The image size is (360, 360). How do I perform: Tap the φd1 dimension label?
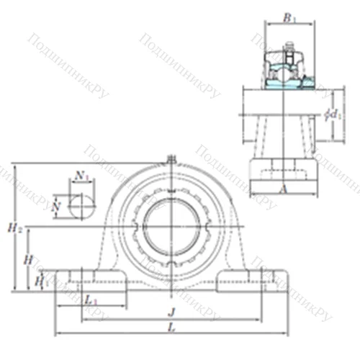333,114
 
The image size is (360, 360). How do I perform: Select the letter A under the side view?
283,189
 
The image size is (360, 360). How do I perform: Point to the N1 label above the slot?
81,175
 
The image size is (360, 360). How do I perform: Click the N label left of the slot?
57,206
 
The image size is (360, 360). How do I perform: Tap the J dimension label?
170,312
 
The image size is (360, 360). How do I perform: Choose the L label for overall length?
170,328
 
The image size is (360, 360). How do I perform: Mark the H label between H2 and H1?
28,258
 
